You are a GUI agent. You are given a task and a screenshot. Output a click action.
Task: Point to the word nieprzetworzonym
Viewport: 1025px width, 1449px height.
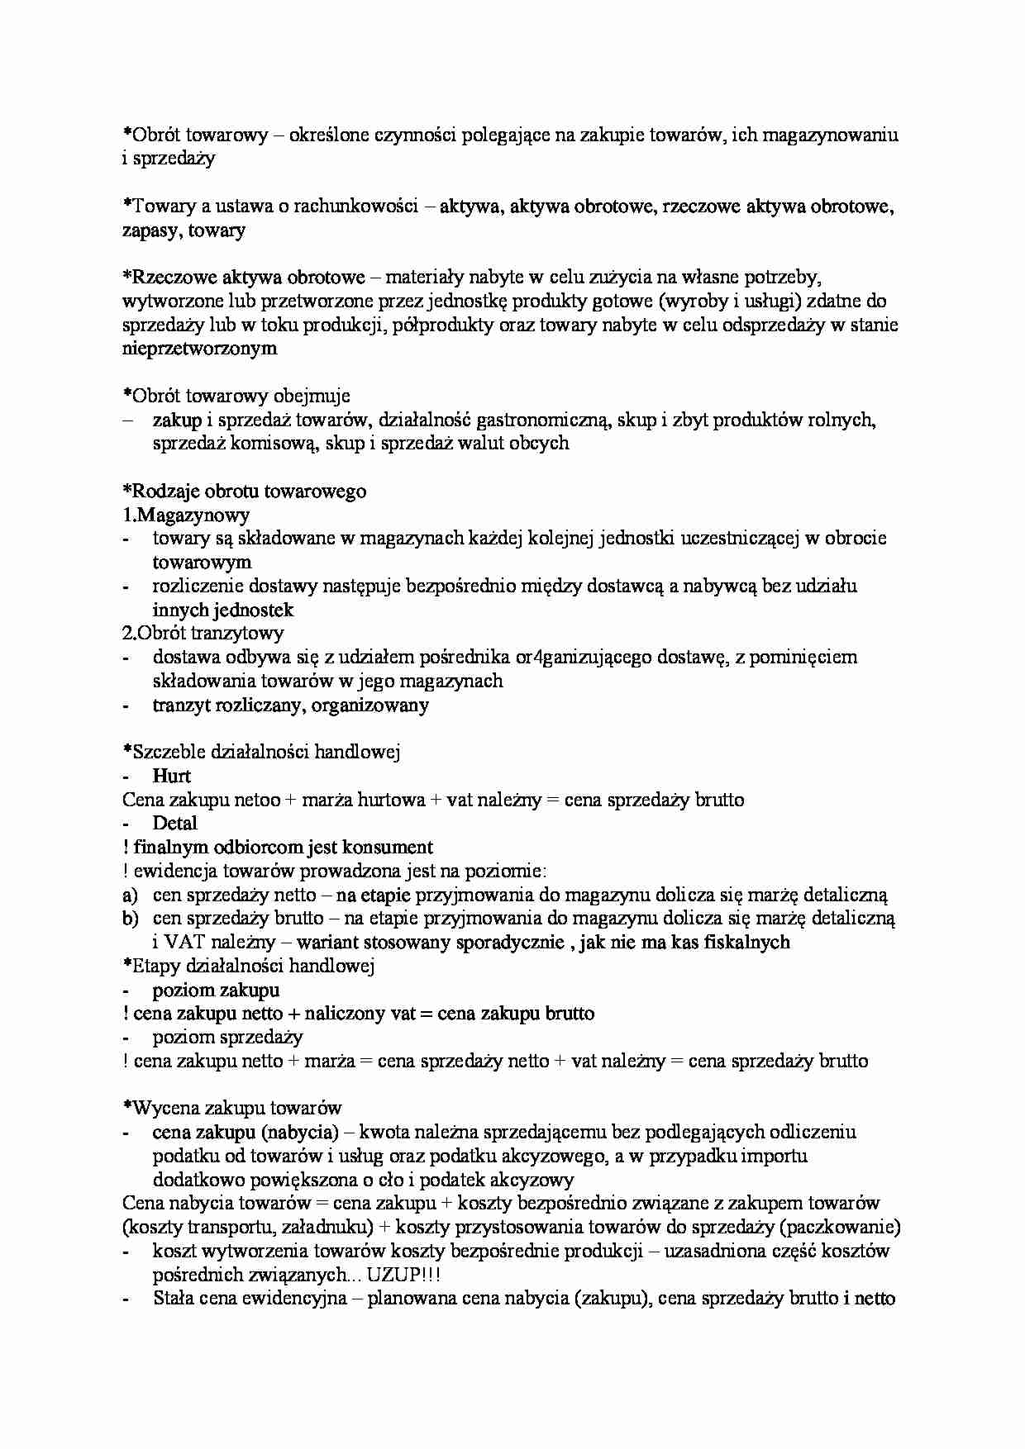[199, 349]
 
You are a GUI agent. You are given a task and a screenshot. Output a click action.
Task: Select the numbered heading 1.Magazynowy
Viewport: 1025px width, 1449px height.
[186, 515]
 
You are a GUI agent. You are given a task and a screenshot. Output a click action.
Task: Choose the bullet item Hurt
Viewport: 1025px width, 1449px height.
[172, 777]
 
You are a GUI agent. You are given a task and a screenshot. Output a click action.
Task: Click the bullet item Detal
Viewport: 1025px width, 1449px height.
[174, 824]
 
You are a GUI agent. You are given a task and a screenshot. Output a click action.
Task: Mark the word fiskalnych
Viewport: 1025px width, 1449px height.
[746, 943]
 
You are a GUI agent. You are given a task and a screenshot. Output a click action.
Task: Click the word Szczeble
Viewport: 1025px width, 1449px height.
[168, 753]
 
